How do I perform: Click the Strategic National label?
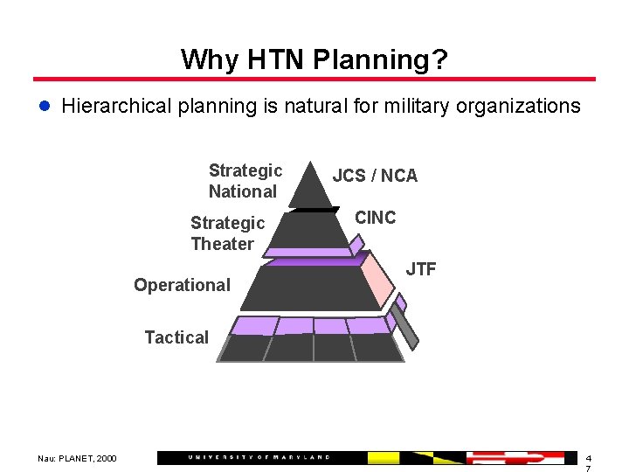[245, 181]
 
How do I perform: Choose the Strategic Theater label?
[227, 233]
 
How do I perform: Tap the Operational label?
[182, 285]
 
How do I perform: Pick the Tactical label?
[176, 337]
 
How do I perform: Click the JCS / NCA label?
[375, 176]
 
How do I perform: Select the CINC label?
[375, 218]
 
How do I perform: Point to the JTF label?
[421, 269]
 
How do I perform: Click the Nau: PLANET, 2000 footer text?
[77, 458]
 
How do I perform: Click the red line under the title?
[314, 80]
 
